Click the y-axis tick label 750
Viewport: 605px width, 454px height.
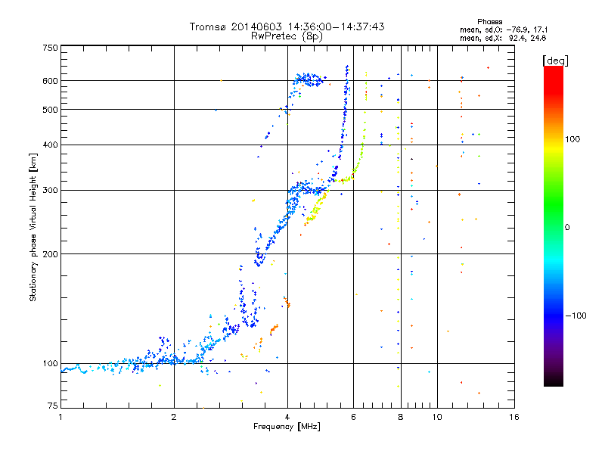tap(50, 48)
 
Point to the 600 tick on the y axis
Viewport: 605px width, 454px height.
tap(50, 81)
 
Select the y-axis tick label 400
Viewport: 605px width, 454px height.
tap(50, 145)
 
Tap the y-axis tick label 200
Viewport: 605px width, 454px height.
tap(50, 253)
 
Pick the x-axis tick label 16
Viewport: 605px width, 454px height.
tap(513, 417)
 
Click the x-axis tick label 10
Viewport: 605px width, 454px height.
tap(437, 417)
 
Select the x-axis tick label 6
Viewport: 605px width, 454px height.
tap(353, 417)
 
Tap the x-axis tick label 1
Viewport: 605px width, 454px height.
tap(60, 417)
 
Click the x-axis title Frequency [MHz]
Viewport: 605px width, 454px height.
tap(287, 428)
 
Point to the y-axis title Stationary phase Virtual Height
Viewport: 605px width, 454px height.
tap(33, 227)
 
